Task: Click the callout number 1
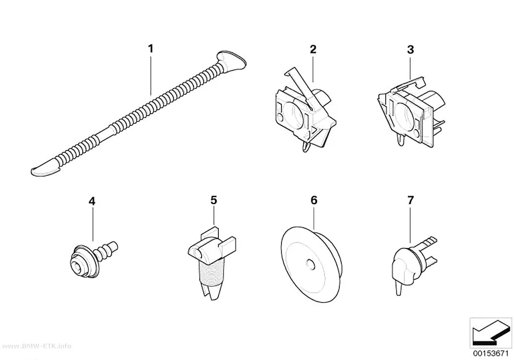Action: (150, 49)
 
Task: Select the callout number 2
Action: (313, 49)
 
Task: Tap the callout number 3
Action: (410, 50)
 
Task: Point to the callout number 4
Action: (92, 201)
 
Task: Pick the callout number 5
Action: (214, 200)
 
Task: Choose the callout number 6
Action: (314, 200)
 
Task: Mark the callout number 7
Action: (411, 200)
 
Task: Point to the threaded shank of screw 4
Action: (106, 249)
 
